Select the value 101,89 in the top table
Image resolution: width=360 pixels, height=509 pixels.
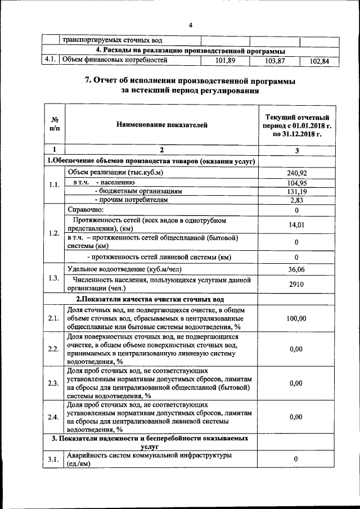pos(224,60)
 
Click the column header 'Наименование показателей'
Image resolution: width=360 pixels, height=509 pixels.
pos(161,125)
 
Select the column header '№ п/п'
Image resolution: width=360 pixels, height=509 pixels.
pos(55,125)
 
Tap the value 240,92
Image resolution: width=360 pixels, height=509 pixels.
pos(296,173)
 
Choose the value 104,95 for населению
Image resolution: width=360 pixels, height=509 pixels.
pos(296,183)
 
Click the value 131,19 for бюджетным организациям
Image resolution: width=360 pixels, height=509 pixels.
pos(296,191)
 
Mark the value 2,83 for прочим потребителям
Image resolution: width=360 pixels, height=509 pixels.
pos(296,200)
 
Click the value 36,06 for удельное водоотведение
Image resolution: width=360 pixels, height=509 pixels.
pos(296,269)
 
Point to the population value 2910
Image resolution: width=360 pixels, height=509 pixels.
pos(296,284)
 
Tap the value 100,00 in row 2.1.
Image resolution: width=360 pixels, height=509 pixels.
pos(296,318)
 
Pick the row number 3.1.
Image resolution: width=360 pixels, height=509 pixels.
pos(53,460)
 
